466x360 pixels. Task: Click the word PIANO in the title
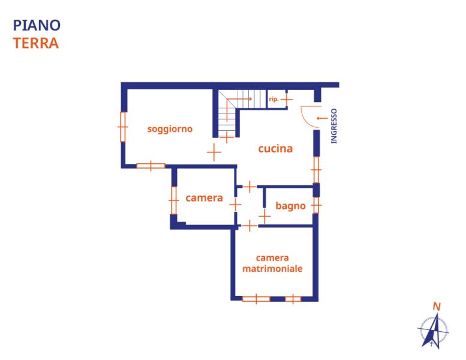click(x=37, y=25)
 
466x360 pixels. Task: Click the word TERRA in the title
click(x=36, y=43)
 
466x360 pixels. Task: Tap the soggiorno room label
click(x=170, y=129)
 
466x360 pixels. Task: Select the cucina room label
click(x=275, y=149)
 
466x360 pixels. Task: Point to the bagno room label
click(x=291, y=206)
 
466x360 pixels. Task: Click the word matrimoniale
click(x=272, y=268)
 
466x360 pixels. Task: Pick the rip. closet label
click(x=273, y=99)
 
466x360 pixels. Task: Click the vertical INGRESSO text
click(x=334, y=126)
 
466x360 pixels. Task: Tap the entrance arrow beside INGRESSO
click(x=322, y=118)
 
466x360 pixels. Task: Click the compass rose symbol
click(x=434, y=331)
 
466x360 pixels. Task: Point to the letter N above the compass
click(x=437, y=306)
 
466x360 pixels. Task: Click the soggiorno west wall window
click(x=123, y=127)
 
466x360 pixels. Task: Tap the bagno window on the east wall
click(x=316, y=205)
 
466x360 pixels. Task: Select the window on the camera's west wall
click(x=174, y=200)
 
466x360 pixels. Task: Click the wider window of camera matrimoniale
click(x=256, y=299)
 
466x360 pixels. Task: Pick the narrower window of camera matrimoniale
click(x=293, y=299)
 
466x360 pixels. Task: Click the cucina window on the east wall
click(x=316, y=170)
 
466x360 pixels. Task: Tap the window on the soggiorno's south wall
click(x=151, y=166)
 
